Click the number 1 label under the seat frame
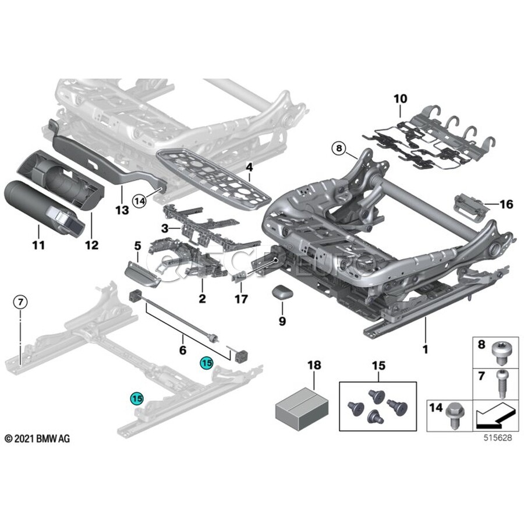tap(425, 349)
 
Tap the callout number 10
tap(401, 98)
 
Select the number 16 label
tap(506, 204)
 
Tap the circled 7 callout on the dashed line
tap(20, 302)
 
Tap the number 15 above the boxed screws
tap(378, 366)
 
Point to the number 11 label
tap(38, 246)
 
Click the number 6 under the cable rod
tap(182, 350)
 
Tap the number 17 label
tap(240, 299)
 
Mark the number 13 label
tap(122, 210)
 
